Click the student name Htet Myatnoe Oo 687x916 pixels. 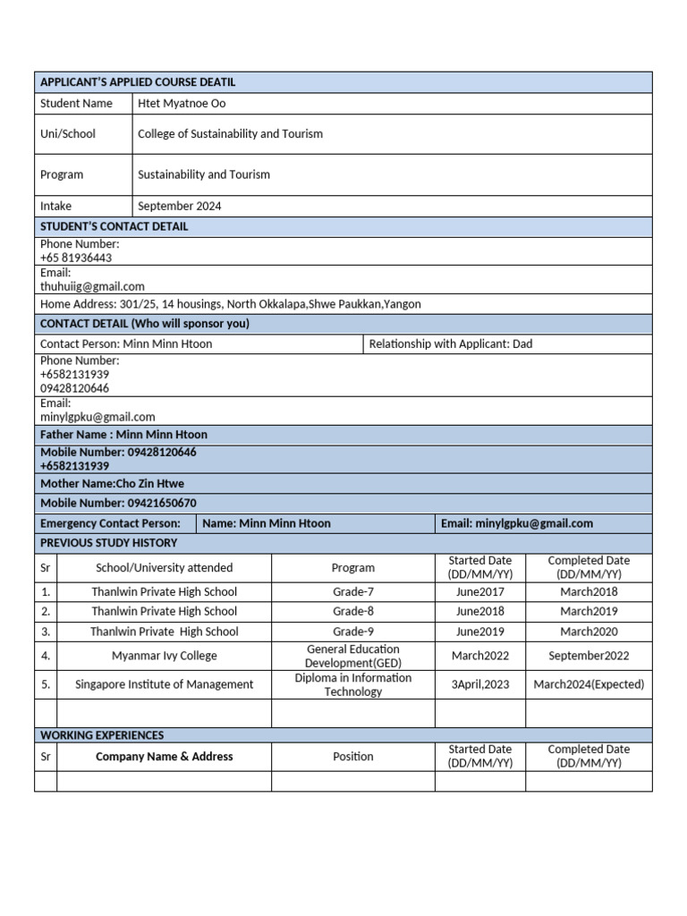182,104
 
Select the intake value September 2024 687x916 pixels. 179,207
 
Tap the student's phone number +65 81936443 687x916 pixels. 76,258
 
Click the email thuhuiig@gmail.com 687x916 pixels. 92,286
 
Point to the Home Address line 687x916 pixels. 230,304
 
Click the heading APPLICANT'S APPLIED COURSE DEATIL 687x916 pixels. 138,82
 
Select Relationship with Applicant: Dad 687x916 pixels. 450,343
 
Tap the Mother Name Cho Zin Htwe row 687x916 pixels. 112,484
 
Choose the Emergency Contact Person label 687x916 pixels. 110,523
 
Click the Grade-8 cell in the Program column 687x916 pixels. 352,612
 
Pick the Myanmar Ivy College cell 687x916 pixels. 164,656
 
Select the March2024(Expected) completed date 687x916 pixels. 589,685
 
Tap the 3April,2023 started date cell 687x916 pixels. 479,685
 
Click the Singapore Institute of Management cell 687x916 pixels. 164,685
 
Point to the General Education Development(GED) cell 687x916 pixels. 352,656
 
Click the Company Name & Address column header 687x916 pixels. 164,757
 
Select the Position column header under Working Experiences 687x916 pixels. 352,757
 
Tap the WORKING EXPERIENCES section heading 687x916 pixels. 102,735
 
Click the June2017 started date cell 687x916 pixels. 479,592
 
